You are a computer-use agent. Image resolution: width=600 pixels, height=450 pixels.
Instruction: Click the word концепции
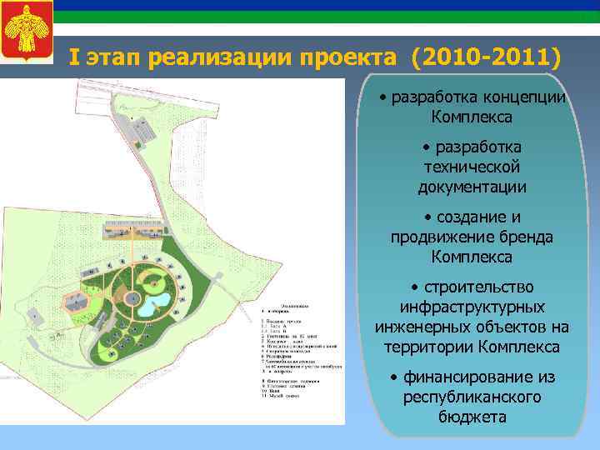(x=524, y=97)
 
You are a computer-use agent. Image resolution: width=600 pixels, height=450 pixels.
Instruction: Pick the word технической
(x=472, y=167)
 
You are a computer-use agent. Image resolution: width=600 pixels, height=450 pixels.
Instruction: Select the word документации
(x=472, y=187)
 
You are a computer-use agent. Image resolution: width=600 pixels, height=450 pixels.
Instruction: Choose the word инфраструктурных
(x=472, y=307)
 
